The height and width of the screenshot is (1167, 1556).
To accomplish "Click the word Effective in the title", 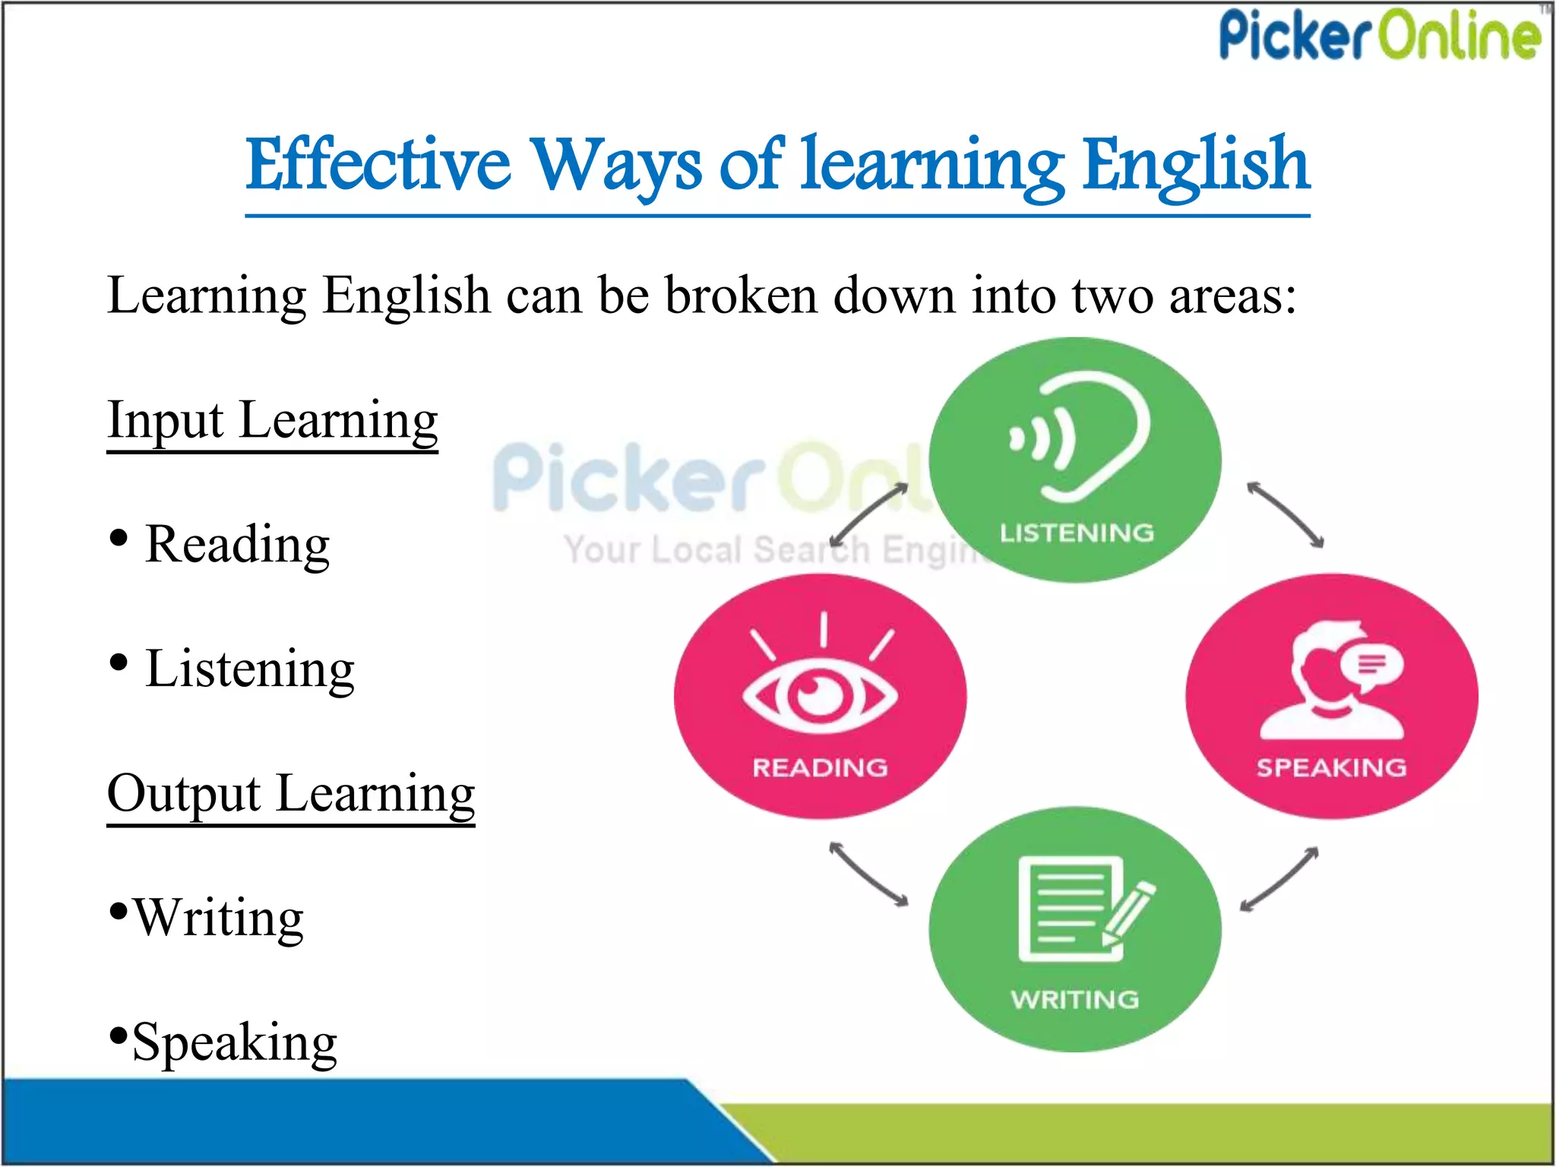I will (x=378, y=165).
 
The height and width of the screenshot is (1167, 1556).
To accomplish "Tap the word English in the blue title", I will (x=1196, y=165).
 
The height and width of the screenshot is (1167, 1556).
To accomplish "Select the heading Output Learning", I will (x=291, y=794).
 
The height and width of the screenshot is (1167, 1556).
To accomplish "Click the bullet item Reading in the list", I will (x=237, y=545).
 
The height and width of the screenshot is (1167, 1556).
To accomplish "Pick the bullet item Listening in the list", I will (x=249, y=669).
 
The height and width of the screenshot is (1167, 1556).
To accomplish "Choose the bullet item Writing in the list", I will (x=218, y=919).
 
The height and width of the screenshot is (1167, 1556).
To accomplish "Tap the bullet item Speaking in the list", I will (x=234, y=1042).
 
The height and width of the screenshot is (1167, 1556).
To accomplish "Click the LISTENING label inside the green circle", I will (x=1077, y=533).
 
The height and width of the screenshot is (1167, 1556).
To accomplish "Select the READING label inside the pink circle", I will (x=820, y=767).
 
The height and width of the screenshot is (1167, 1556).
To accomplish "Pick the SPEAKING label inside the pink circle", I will (x=1331, y=767).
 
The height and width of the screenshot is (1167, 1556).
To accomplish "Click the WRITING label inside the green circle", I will (x=1075, y=999).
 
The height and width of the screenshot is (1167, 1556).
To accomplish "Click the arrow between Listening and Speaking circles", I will (x=1286, y=514).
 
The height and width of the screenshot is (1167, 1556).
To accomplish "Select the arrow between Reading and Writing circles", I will (x=868, y=874).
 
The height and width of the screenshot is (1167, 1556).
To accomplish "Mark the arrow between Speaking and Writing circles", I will (x=1279, y=879).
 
